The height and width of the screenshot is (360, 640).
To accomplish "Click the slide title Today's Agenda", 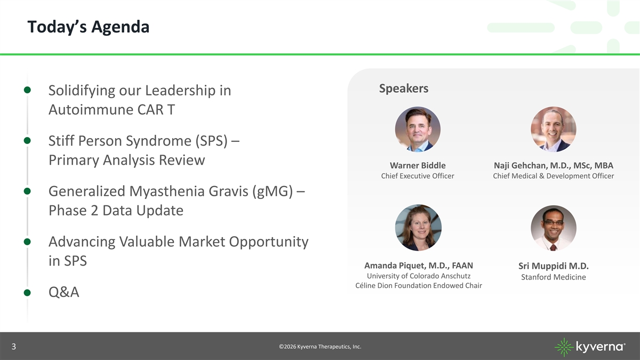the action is (89, 27).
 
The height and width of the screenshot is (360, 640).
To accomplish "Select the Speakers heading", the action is (403, 89).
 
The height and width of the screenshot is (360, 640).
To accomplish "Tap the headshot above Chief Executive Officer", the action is (418, 129).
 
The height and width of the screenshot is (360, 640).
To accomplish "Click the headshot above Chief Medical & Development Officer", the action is (554, 129).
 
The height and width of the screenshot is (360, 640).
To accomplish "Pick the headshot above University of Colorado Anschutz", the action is (418, 227).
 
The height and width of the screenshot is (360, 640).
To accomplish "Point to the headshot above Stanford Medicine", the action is (554, 228).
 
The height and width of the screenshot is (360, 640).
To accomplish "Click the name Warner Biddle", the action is (418, 165).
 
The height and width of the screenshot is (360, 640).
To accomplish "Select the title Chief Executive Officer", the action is (418, 176).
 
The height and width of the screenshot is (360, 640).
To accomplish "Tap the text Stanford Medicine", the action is (554, 277).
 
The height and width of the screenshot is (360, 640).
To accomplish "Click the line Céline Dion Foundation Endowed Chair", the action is (419, 286).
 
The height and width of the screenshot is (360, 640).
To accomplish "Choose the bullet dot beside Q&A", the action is (27, 293).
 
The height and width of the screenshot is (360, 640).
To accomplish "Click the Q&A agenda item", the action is (63, 292).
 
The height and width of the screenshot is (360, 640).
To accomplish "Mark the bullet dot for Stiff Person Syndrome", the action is (27, 141).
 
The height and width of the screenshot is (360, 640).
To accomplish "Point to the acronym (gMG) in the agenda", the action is (273, 191).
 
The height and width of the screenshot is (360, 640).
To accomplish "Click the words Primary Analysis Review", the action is (126, 160).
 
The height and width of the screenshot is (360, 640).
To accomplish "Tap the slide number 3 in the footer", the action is (14, 347).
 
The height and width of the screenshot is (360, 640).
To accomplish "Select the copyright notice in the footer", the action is (320, 347).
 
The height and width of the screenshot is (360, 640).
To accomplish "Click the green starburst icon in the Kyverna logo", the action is (564, 347).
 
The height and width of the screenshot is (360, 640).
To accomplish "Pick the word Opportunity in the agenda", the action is (269, 242).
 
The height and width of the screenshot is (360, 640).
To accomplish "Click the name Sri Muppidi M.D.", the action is (554, 266).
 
